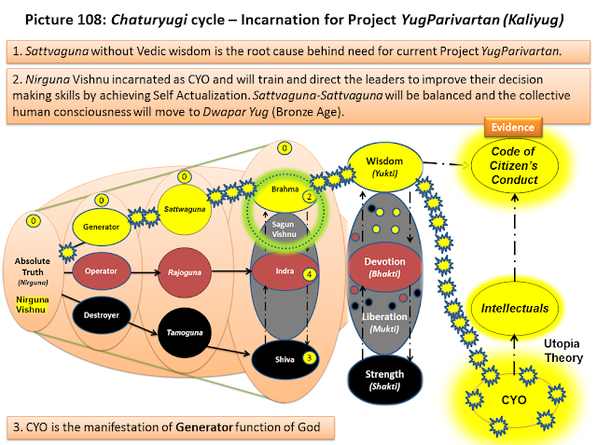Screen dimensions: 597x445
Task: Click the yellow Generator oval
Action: coord(102,227)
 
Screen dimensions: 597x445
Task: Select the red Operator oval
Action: coord(102,271)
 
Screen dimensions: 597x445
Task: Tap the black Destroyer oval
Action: coord(102,315)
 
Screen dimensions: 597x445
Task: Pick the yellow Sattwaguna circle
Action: coord(185,209)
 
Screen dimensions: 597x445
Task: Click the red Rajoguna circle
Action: coord(185,272)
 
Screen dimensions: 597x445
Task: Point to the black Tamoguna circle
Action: coord(185,333)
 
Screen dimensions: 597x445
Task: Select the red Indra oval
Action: coord(285,271)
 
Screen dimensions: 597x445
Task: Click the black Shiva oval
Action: coord(285,359)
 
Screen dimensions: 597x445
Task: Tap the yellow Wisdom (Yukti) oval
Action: coord(384,167)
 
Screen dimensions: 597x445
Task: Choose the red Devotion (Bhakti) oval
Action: coord(384,267)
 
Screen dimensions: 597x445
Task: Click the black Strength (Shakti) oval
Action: coord(384,380)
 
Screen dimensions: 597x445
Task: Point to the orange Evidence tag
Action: coord(513,127)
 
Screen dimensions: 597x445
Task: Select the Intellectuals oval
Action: coord(514,308)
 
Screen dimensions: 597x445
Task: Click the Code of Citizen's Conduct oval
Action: coord(514,165)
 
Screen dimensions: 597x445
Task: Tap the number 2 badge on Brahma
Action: coord(309,197)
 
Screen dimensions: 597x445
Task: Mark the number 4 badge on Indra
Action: coord(309,274)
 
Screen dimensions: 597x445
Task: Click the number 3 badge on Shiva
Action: coord(309,358)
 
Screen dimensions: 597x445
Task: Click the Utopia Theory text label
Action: coord(563,351)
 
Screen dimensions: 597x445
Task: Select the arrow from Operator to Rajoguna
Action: coord(146,272)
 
